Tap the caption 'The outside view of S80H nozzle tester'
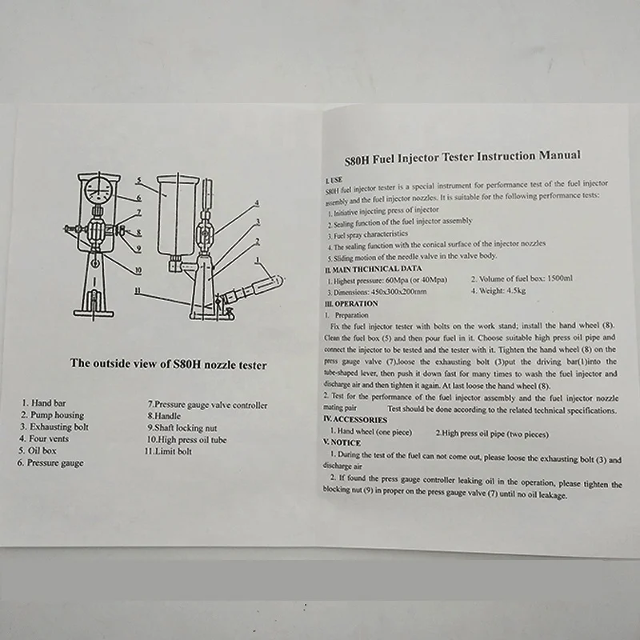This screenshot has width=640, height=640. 168,363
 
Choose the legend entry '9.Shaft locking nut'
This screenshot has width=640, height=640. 183,427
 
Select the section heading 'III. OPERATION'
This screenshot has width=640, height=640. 351,304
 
